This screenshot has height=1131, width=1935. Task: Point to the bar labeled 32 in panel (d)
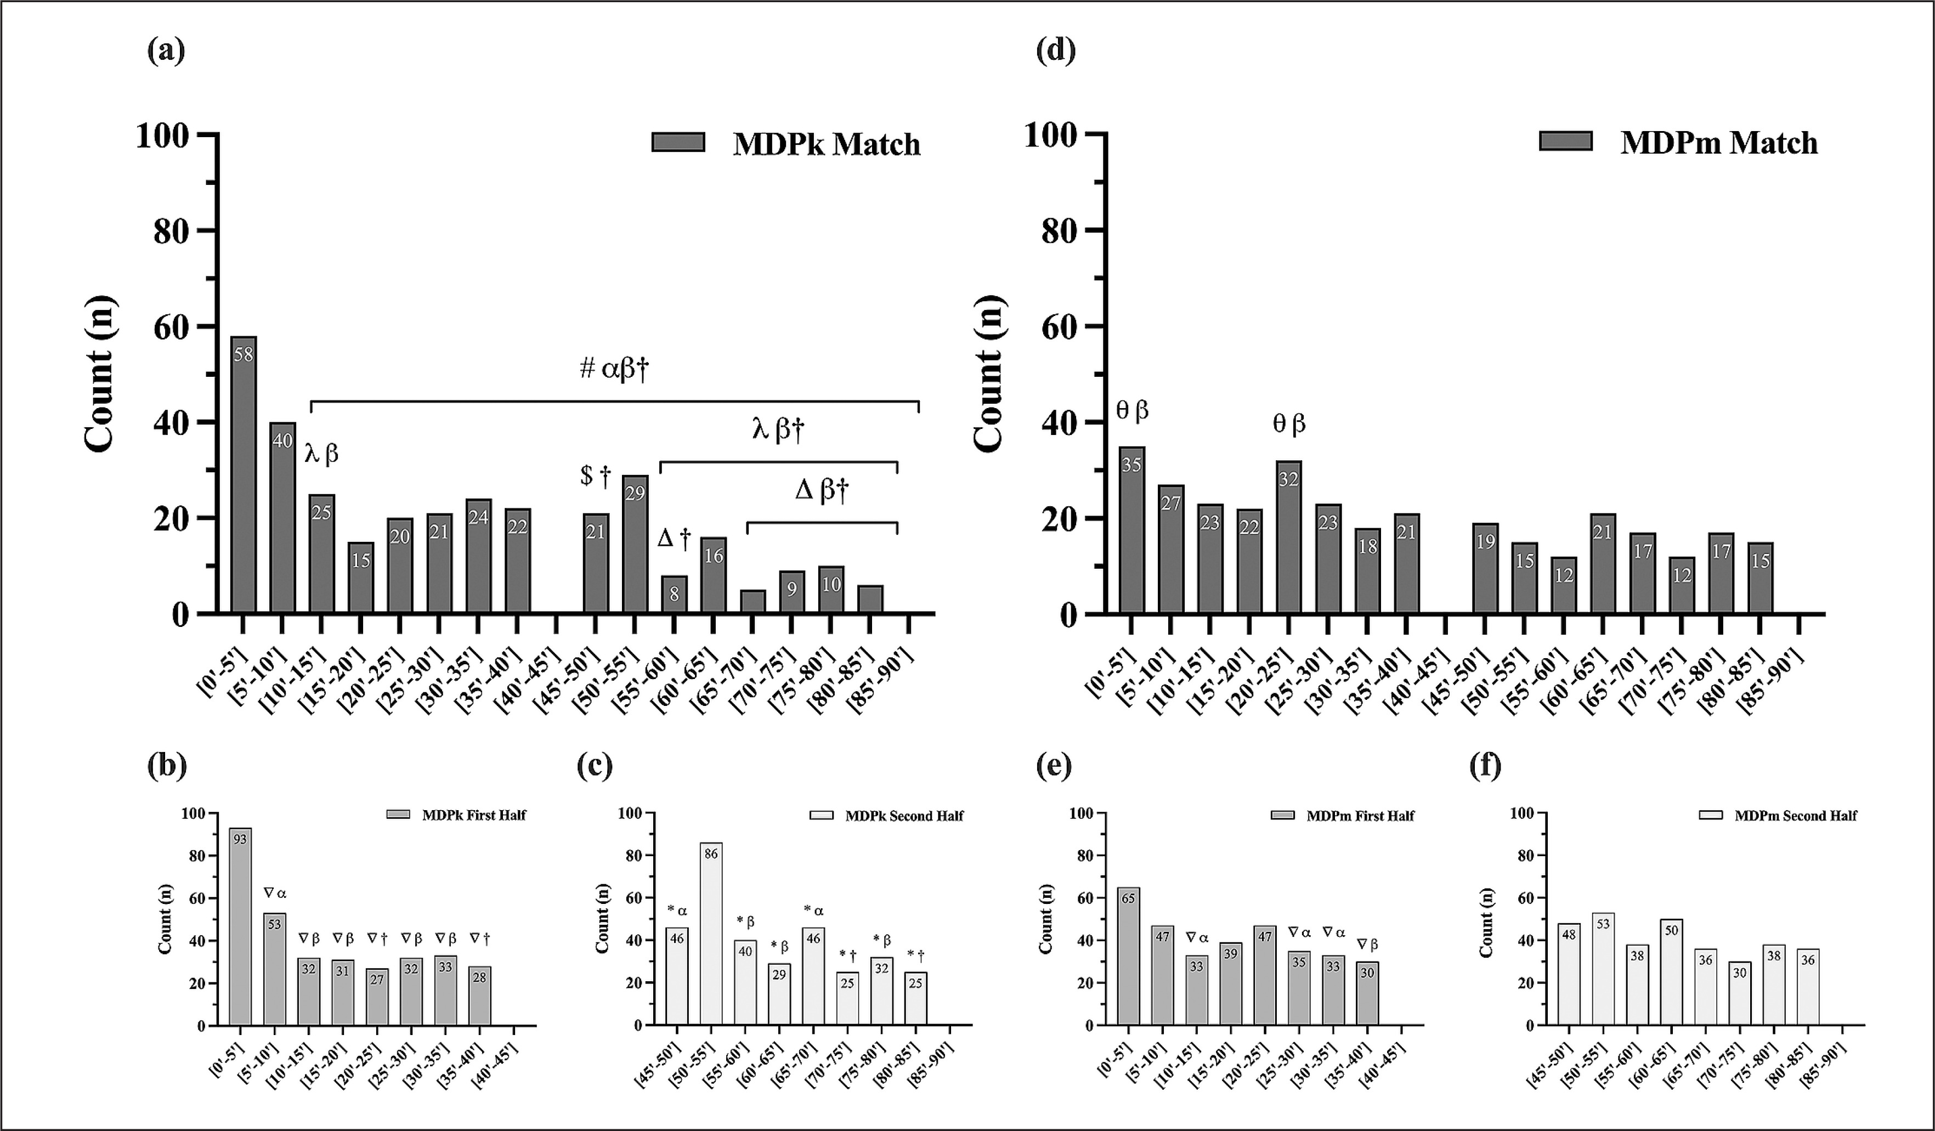[1288, 537]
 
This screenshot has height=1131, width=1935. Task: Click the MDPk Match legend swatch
[678, 142]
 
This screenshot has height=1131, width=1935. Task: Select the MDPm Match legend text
[1718, 143]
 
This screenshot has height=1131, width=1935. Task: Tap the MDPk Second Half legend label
[904, 816]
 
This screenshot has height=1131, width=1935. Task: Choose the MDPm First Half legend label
[1360, 816]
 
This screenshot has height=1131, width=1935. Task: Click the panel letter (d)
[1055, 50]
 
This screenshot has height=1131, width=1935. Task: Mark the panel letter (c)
[595, 766]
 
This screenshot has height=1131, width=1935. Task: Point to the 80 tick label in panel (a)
[171, 231]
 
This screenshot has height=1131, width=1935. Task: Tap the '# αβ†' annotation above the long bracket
[614, 369]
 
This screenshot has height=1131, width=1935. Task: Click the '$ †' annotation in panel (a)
[595, 476]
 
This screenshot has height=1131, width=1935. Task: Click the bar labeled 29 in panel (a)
[635, 545]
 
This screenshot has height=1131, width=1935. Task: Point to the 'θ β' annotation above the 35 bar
[1133, 411]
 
